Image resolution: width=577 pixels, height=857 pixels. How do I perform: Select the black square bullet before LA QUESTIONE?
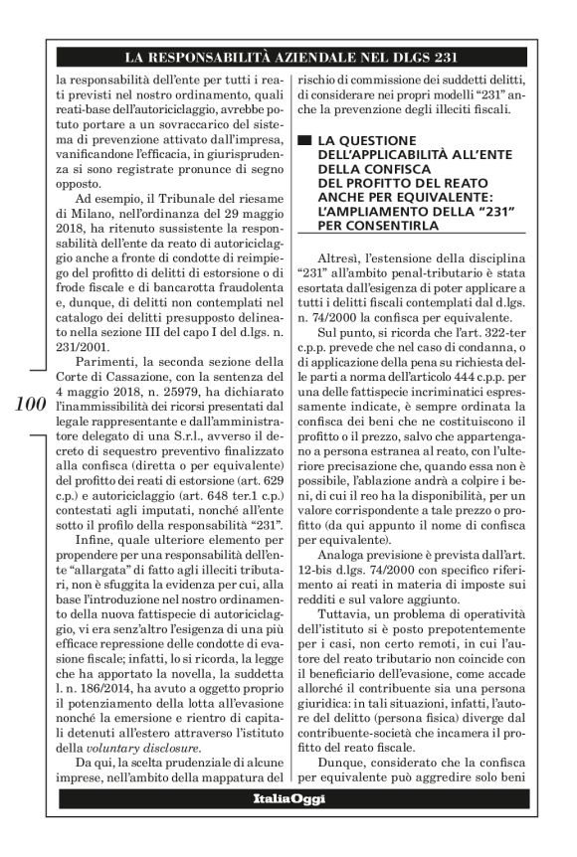(303, 140)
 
